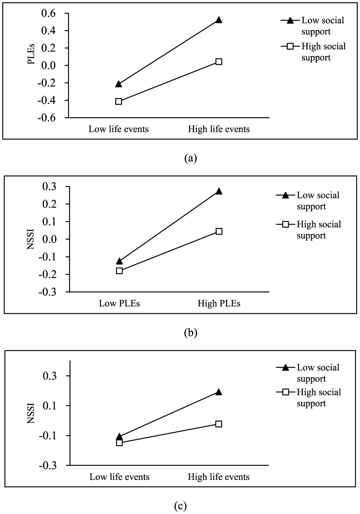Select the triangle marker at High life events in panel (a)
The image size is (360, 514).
[x=218, y=20]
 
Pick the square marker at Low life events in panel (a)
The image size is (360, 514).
[x=119, y=101]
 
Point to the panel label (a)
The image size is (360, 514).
[x=191, y=158]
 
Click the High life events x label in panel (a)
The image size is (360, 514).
[x=218, y=129]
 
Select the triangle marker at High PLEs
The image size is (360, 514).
[x=219, y=191]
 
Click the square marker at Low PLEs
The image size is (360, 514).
[x=119, y=271]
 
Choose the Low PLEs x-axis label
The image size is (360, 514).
[x=119, y=304]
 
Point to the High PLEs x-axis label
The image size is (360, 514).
[x=219, y=304]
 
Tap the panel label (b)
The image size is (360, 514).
[x=191, y=333]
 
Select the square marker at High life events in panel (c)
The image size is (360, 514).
[x=218, y=424]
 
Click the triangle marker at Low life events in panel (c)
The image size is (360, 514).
[x=119, y=437]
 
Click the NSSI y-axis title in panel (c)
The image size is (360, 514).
[x=31, y=413]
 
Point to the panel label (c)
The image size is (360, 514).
[x=180, y=506]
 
